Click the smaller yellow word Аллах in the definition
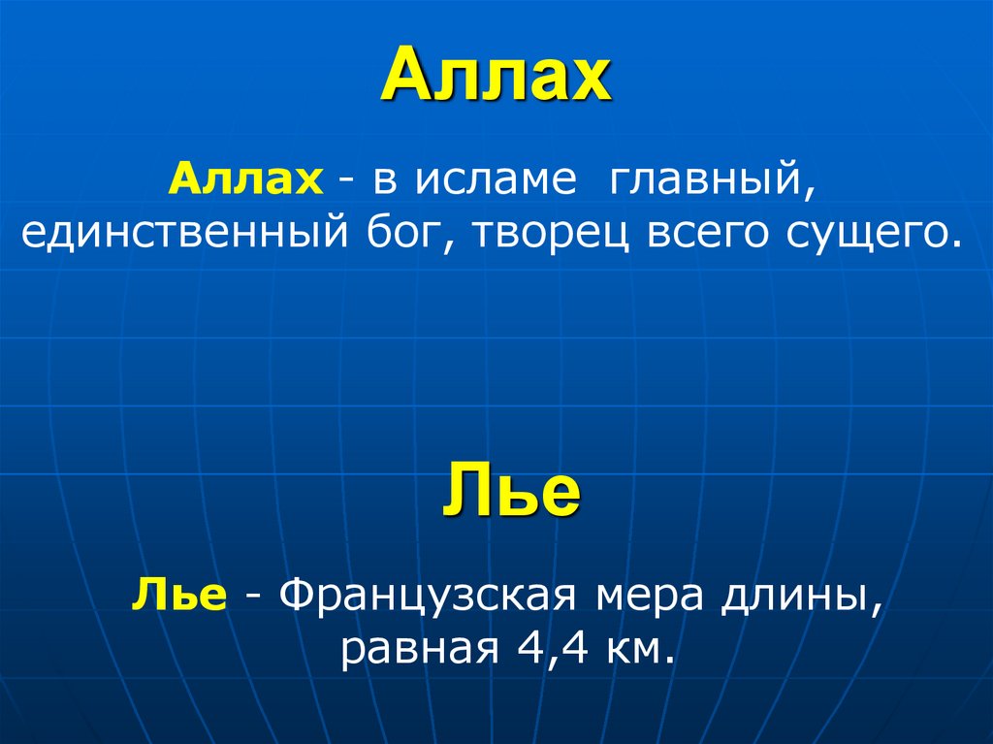(x=246, y=181)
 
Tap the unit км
(x=639, y=647)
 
